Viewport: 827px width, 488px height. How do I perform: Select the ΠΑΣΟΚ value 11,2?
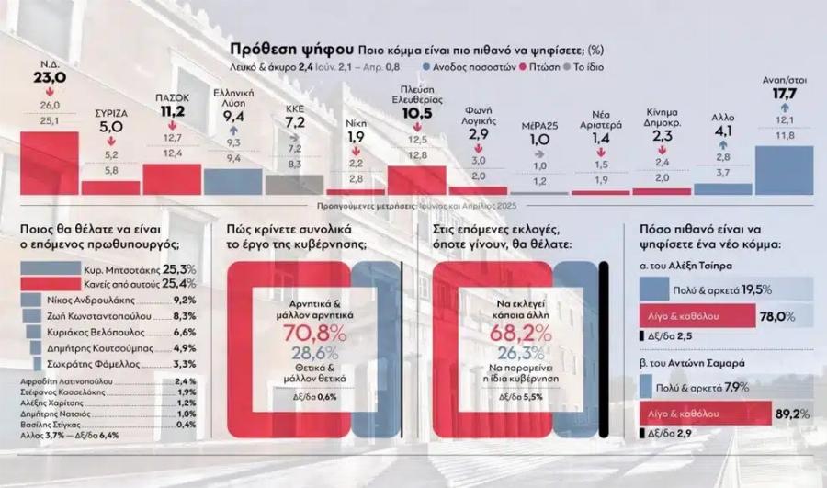coord(172,112)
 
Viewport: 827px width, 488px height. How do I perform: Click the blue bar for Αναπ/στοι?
coord(784,169)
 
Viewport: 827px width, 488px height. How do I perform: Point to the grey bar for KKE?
coord(294,184)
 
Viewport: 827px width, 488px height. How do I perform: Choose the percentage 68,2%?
coord(519,333)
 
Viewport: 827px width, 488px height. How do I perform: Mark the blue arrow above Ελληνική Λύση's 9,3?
coord(233,131)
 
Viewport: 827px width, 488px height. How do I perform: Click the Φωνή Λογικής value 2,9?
coord(479,134)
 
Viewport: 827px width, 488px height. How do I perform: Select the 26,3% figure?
coord(519,354)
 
